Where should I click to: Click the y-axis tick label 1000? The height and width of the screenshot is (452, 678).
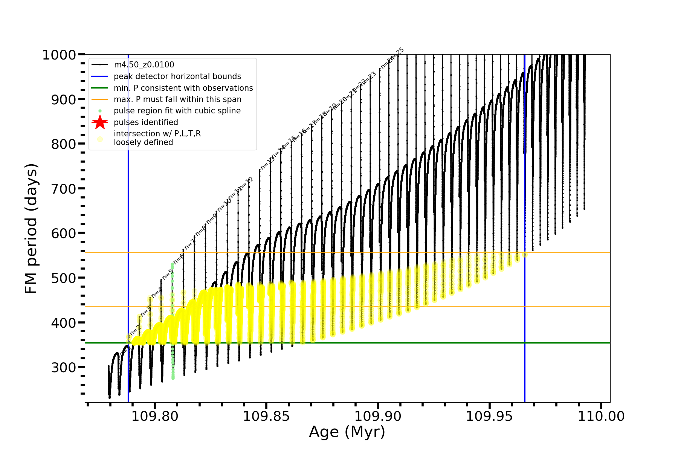click(59, 55)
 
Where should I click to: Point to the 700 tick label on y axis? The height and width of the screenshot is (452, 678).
click(63, 189)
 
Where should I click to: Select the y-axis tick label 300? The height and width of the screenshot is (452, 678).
click(63, 367)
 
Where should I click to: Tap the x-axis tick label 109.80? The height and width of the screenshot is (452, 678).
click(155, 416)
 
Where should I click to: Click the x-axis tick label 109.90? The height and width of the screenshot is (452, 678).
click(378, 416)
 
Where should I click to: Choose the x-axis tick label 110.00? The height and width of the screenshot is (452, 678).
click(601, 416)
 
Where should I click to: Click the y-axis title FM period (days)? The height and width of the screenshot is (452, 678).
click(31, 229)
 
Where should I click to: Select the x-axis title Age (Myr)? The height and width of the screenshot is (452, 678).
click(347, 432)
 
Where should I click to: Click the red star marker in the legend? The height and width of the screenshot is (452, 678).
click(100, 122)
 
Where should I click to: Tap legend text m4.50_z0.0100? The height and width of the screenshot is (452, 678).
click(144, 65)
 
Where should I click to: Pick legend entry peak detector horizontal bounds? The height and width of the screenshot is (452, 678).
click(177, 76)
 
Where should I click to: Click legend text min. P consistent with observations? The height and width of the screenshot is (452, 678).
click(183, 88)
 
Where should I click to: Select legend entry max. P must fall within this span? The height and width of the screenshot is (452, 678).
click(177, 99)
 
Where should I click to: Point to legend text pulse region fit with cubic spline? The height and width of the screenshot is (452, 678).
click(177, 111)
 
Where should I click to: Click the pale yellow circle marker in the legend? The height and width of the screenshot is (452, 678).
click(100, 139)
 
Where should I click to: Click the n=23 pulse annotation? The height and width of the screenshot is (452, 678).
click(369, 78)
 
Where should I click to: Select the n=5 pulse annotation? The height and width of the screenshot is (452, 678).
click(168, 274)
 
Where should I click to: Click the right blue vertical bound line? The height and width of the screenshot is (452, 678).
click(525, 301)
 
